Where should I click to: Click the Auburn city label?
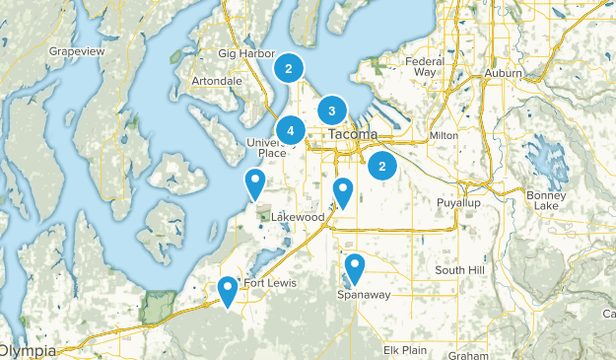pyautogui.click(x=504, y=73)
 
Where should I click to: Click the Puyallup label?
pyautogui.click(x=457, y=202)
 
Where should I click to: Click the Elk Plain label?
pyautogui.click(x=405, y=349)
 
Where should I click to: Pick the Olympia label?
pyautogui.click(x=28, y=351)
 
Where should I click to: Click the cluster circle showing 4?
pyautogui.click(x=291, y=130)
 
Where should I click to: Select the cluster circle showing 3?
pyautogui.click(x=332, y=110)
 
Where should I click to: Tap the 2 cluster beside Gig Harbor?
pyautogui.click(x=288, y=68)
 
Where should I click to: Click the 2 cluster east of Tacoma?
pyautogui.click(x=382, y=166)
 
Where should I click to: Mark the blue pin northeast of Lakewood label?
pyautogui.click(x=343, y=191)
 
